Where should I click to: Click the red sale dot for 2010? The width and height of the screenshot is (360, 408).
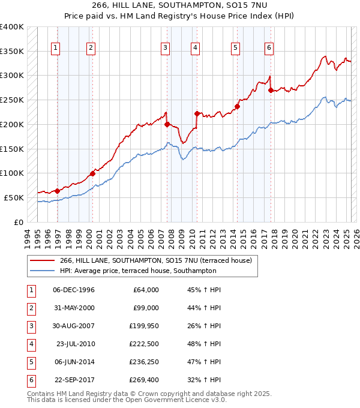point(196,113)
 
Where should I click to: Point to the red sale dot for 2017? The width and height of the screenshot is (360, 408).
point(271,91)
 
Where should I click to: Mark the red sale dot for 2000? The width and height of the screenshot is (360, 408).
point(92,174)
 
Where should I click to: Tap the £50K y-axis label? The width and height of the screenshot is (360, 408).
point(14,197)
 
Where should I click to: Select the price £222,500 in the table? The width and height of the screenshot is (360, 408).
point(143,344)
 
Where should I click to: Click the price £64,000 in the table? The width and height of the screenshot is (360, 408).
point(145,290)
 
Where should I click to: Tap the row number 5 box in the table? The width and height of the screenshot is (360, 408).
point(29,362)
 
